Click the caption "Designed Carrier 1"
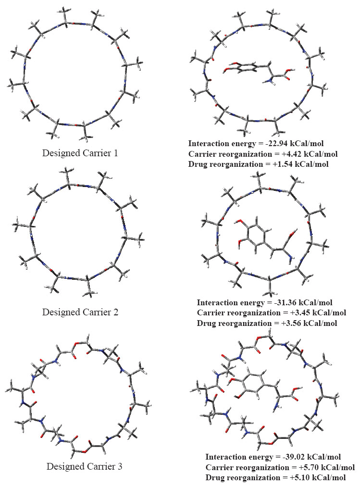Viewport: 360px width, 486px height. pyautogui.click(x=80, y=153)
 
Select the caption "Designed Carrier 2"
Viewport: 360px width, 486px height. pyautogui.click(x=80, y=312)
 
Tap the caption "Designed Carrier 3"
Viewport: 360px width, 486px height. pyautogui.click(x=84, y=466)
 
